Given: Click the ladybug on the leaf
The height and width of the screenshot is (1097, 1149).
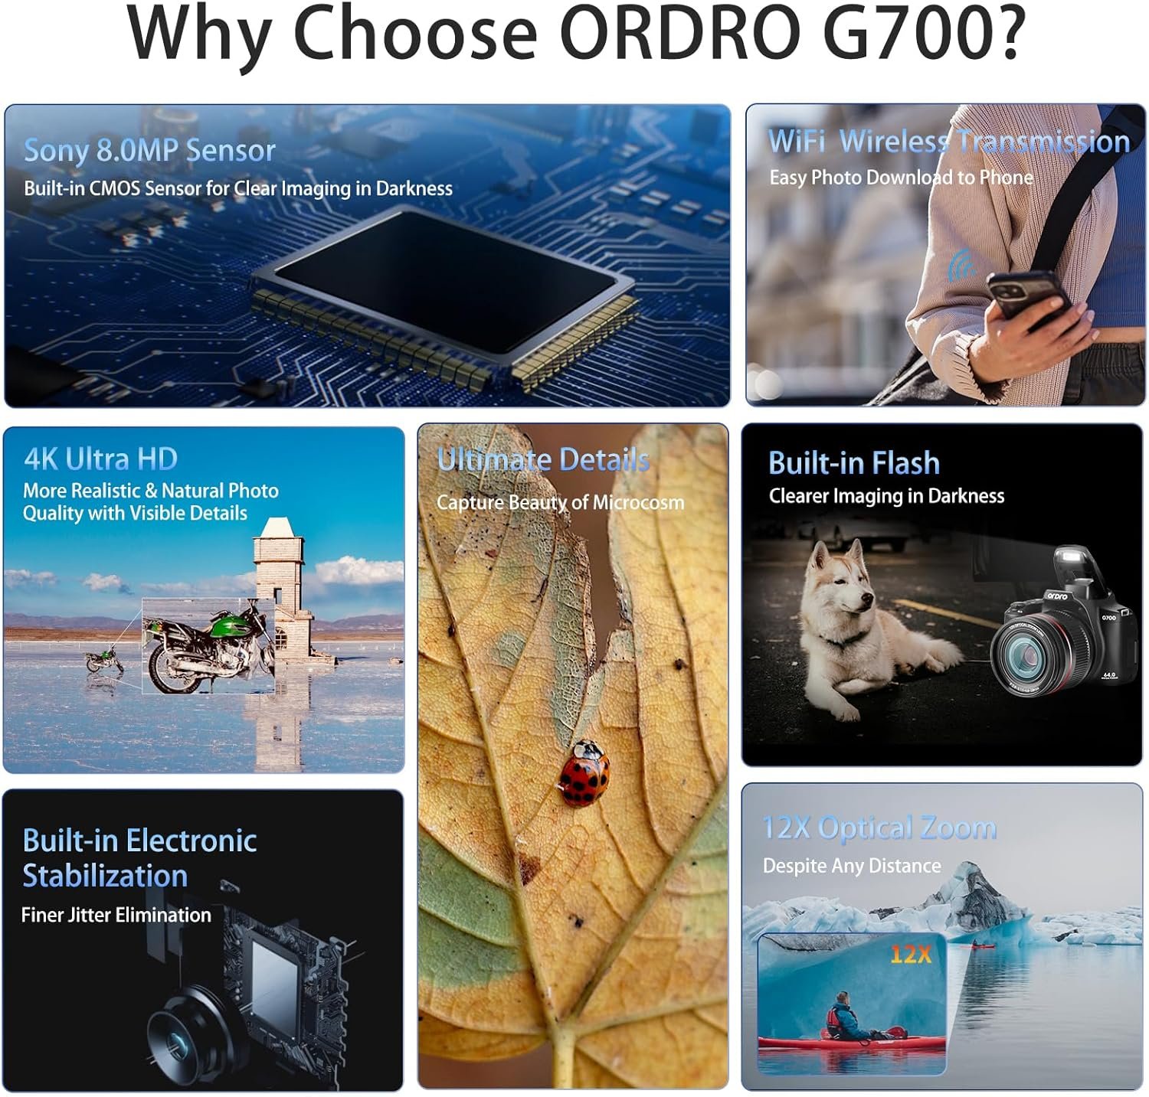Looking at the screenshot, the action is pos(584,773).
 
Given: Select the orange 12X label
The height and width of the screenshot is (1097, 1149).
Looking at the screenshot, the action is pos(910,954).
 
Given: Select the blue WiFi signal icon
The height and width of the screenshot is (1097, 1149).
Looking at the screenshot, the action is pos(961,264).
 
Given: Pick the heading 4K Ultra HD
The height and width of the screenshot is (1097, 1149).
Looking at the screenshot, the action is pos(100,459).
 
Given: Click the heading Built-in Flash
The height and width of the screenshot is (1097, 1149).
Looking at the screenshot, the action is pos(853,463).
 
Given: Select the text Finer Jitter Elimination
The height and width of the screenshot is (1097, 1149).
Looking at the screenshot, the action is pos(116,915).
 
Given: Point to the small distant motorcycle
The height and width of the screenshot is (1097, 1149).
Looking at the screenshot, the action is pos(103,660).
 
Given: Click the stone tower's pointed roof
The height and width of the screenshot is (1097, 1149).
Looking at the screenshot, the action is pos(277,527).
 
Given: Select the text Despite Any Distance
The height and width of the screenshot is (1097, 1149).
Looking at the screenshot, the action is pos(852,866).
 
